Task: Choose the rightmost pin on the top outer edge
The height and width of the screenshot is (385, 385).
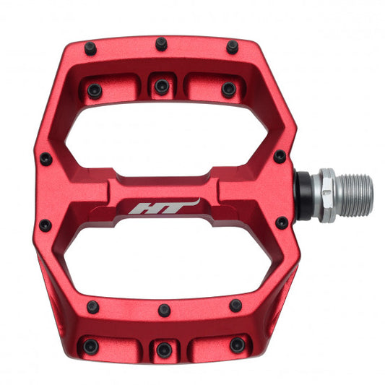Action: (x=232, y=47)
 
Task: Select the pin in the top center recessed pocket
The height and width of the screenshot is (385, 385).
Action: (x=161, y=87)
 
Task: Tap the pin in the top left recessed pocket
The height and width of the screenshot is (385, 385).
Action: (x=94, y=90)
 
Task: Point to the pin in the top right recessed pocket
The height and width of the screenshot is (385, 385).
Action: (x=228, y=90)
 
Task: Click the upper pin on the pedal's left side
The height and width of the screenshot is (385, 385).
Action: (x=46, y=159)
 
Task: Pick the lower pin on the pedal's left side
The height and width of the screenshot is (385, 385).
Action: (x=45, y=225)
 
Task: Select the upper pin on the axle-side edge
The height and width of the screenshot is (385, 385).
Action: (x=280, y=156)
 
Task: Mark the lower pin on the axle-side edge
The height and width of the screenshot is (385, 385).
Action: (x=280, y=222)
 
